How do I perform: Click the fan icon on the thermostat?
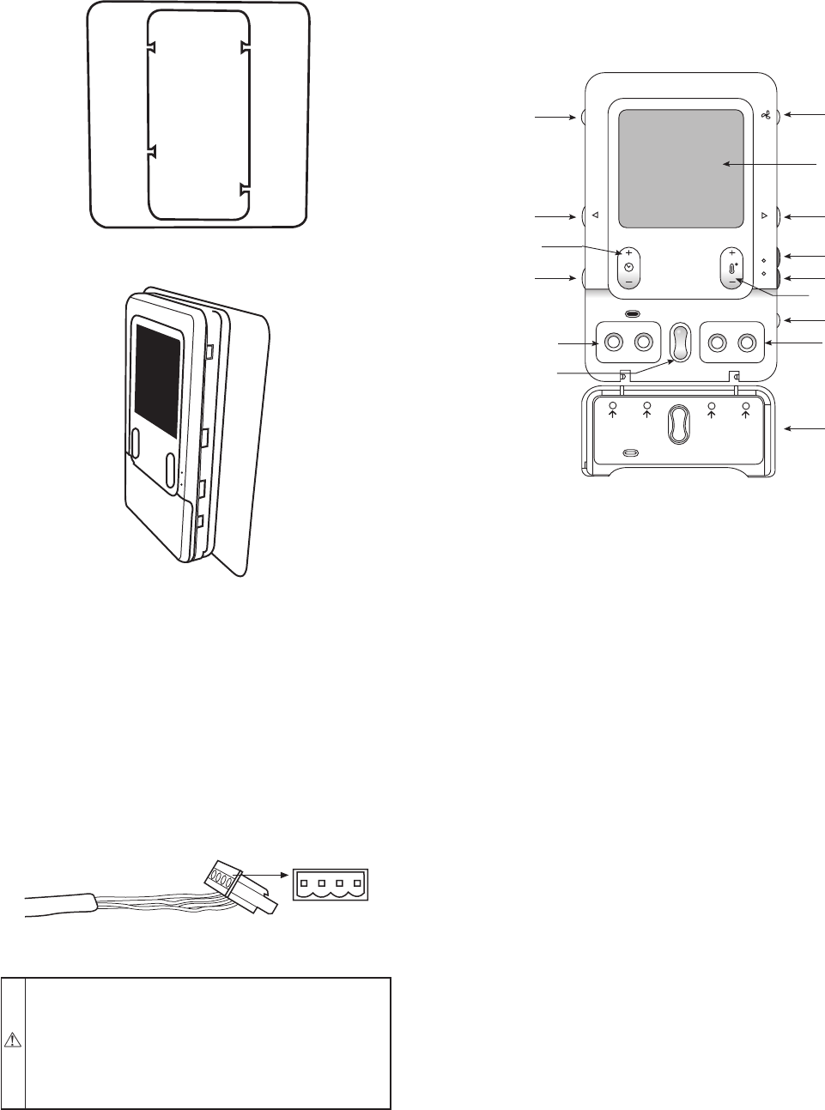(763, 115)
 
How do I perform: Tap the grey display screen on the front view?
(681, 165)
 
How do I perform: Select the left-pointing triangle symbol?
(595, 215)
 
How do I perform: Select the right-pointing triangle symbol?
(763, 215)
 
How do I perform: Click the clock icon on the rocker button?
(629, 267)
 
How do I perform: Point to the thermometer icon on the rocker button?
(731, 267)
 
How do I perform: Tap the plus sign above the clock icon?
(629, 253)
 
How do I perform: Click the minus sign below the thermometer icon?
(731, 282)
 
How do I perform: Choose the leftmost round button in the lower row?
(613, 343)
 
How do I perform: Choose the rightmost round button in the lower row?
(747, 343)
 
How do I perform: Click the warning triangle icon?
(12, 1040)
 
